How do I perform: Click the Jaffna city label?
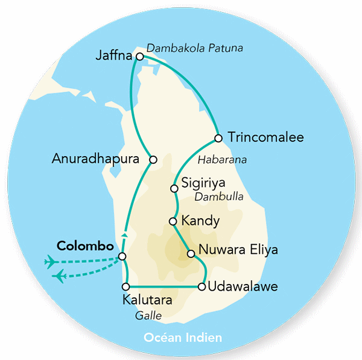[x=113, y=56]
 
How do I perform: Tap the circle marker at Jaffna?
[x=140, y=57]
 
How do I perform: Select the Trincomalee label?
[x=265, y=138]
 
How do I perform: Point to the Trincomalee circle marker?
[x=218, y=137]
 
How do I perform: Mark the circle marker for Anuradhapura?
[x=153, y=160]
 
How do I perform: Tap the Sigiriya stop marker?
[x=174, y=189]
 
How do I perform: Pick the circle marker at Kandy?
[x=173, y=221]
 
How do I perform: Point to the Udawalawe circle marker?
[x=202, y=286]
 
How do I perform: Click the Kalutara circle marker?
[x=126, y=286]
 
